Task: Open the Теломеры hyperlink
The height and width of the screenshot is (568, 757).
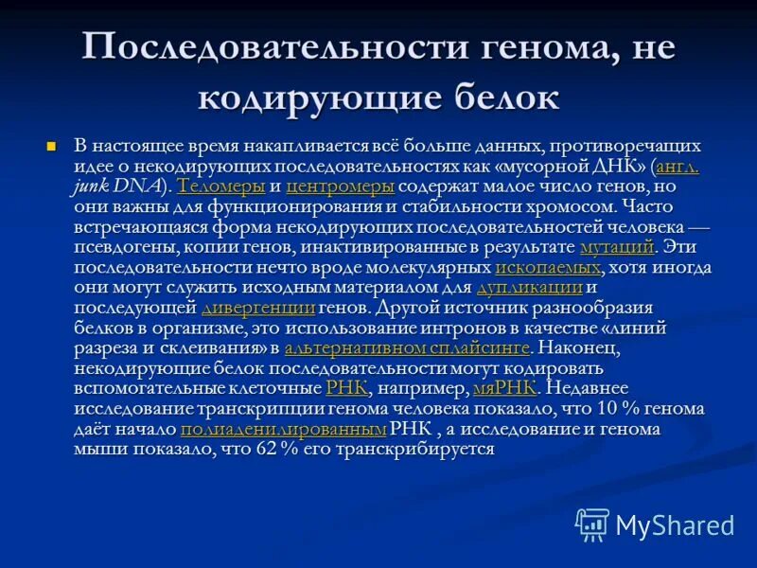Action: coord(220,186)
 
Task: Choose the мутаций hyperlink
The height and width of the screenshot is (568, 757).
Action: coord(617,248)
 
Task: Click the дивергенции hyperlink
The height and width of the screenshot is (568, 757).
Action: coord(258,308)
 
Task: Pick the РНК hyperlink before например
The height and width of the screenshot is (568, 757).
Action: coord(345,388)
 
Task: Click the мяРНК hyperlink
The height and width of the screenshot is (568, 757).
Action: coord(505,388)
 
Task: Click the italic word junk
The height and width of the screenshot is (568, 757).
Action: coord(90,186)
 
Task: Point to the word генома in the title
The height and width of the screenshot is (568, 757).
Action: coord(520,46)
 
